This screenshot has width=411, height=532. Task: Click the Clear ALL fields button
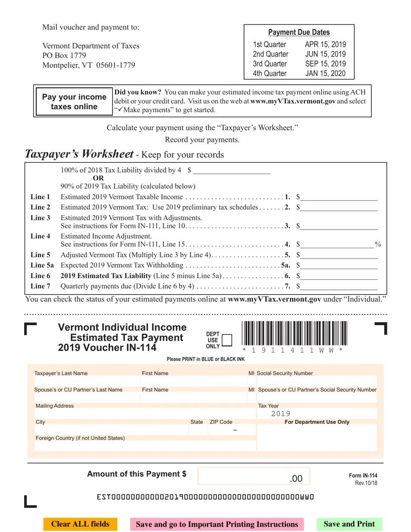coord(80,524)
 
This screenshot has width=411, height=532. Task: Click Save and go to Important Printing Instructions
coord(217,524)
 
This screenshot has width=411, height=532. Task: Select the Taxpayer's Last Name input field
coord(87,381)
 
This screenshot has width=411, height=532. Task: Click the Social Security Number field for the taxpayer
coord(317,381)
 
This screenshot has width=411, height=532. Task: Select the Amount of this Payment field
coord(254,477)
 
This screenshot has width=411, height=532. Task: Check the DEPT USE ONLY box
coord(226,340)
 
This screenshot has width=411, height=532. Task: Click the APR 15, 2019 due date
coord(325,45)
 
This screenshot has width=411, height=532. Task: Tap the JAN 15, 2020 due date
coord(325,74)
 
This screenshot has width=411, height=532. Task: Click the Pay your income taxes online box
coord(74,102)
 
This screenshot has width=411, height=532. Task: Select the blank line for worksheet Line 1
coord(339,197)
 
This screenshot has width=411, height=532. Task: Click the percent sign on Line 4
coord(378,244)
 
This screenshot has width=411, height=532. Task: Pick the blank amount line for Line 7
coord(339,286)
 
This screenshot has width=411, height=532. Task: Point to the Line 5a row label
coord(42,265)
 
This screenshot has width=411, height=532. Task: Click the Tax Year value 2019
coord(281,414)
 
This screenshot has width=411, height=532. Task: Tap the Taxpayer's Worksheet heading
coord(79,154)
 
